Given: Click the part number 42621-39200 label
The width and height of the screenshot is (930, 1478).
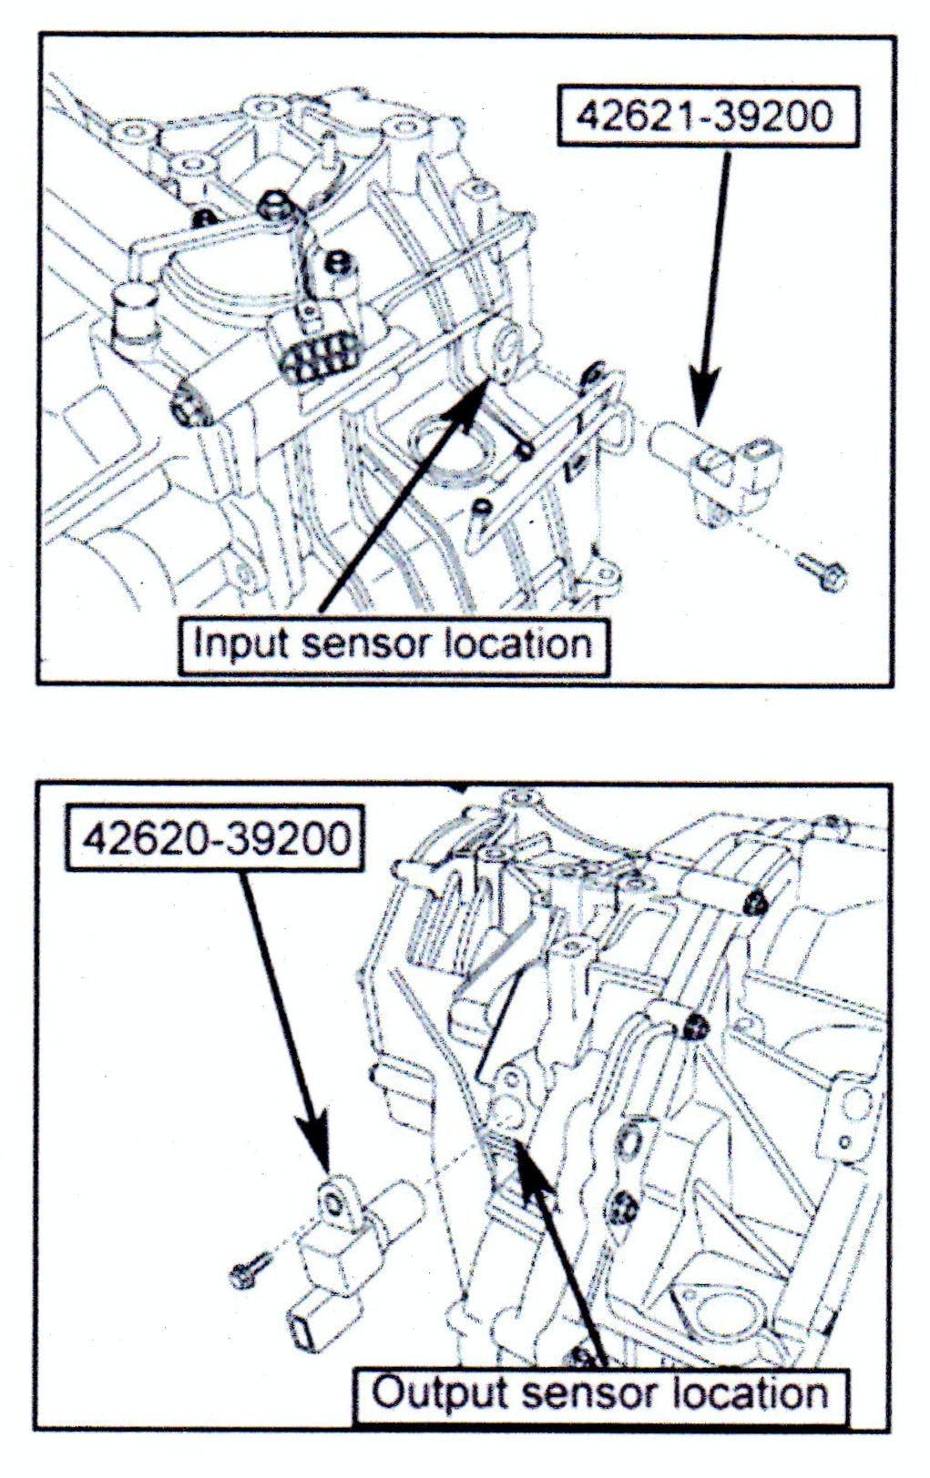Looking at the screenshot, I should pos(706,116).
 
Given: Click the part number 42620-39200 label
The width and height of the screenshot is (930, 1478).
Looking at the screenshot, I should pos(215,837).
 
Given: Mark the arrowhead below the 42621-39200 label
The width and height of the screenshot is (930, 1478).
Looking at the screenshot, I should pos(703,400).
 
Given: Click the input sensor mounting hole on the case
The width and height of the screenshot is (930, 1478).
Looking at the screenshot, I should pos(502,349).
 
